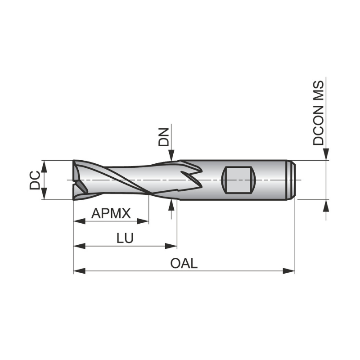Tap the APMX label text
click(x=111, y=213)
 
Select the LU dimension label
click(x=125, y=238)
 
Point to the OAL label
click(x=184, y=263)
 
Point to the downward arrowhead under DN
click(x=171, y=155)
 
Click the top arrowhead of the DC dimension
click(x=44, y=165)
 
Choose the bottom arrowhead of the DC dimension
click(x=44, y=194)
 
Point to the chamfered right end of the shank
click(x=292, y=180)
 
